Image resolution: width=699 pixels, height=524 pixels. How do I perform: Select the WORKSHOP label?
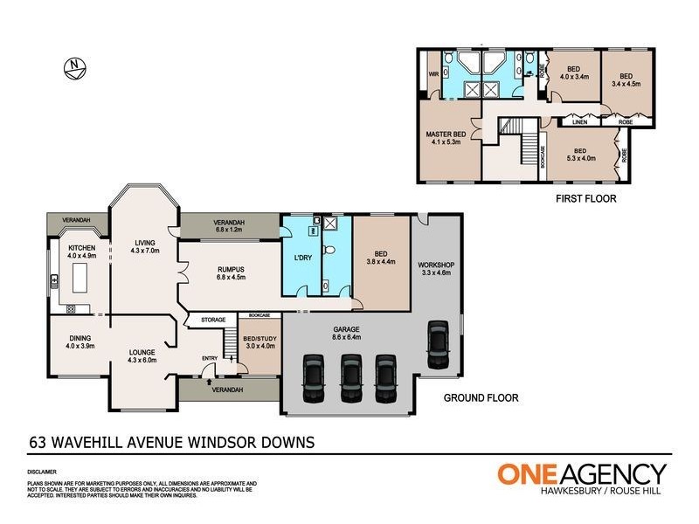click(437, 264)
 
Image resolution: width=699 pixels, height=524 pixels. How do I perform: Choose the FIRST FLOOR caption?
click(586, 199)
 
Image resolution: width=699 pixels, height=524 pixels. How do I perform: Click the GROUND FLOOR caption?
click(481, 397)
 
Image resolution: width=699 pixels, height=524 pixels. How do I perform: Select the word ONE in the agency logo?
click(528, 474)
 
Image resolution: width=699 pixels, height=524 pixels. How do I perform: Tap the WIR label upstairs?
click(433, 74)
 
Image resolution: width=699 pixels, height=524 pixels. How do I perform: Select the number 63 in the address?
click(37, 443)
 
